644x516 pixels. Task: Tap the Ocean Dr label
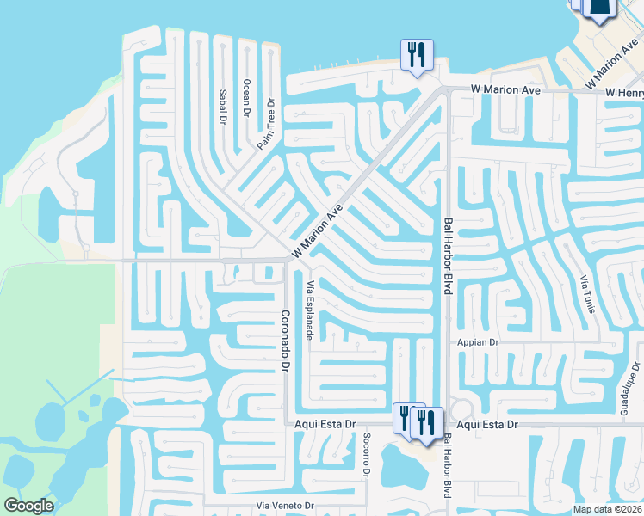(246, 97)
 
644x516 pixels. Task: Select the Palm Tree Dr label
(266, 125)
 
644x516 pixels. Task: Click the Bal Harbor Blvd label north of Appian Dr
(447, 256)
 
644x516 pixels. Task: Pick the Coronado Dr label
(284, 340)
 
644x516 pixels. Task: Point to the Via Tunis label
(587, 294)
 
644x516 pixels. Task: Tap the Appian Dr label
(482, 342)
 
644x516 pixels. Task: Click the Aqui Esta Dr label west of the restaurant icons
(325, 425)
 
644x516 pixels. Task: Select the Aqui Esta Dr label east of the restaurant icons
(487, 425)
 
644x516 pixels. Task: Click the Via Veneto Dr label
(288, 506)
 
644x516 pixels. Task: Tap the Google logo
(28, 506)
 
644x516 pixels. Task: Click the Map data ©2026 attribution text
(606, 509)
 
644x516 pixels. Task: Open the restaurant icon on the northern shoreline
(417, 56)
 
